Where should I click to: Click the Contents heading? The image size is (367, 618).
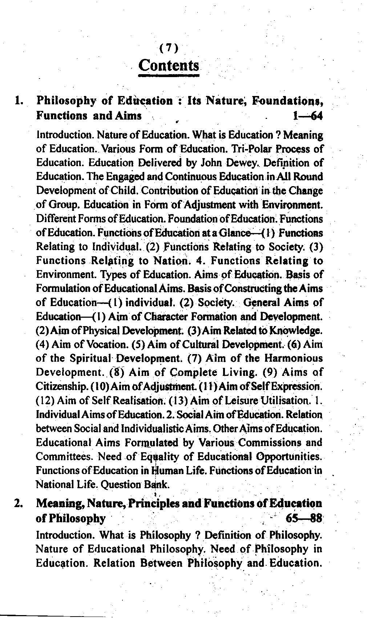[169, 66]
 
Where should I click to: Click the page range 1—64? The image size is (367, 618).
[307, 116]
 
